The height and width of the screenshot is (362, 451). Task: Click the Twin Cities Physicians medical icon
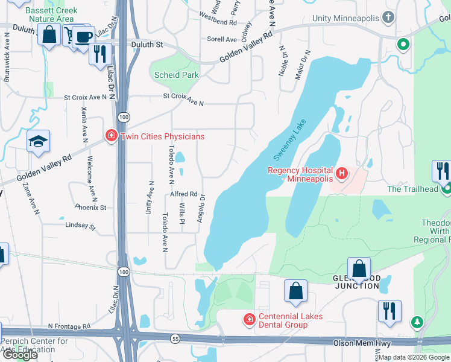(x=111, y=136)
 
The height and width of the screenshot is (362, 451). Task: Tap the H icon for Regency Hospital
(x=342, y=174)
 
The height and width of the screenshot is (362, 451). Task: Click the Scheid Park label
(x=176, y=75)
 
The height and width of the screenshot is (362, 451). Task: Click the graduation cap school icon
(x=38, y=142)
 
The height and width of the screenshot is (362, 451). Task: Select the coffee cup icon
(x=83, y=36)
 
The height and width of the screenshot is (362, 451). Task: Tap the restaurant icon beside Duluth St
(x=100, y=54)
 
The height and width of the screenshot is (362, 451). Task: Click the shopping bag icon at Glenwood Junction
(x=359, y=269)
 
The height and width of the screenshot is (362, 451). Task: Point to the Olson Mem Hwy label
(x=362, y=343)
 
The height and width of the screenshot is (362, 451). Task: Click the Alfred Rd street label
(x=184, y=194)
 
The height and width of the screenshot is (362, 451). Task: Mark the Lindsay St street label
(x=81, y=226)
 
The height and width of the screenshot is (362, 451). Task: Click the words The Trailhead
(x=412, y=189)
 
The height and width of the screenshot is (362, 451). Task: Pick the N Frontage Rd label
(x=69, y=325)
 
